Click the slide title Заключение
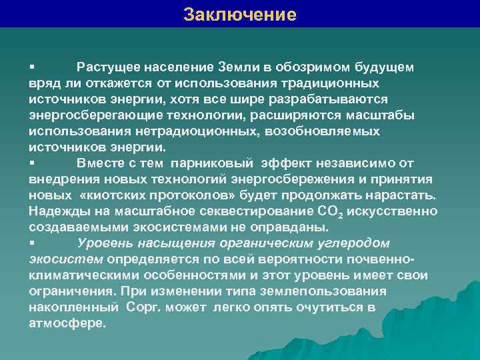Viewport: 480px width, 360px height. [x=240, y=14]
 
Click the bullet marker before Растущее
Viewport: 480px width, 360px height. [x=32, y=67]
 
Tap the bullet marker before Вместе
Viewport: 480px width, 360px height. [x=32, y=163]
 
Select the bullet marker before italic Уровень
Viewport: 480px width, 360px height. [x=32, y=243]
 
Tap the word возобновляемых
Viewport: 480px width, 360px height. [x=322, y=131]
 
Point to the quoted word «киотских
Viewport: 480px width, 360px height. [x=108, y=195]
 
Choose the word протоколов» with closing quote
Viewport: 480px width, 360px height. [x=191, y=195]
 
